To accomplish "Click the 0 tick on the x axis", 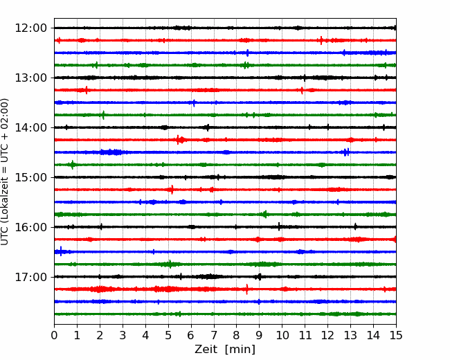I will click(x=54, y=336).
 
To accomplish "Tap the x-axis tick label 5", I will click(x=168, y=336).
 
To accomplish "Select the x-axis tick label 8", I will click(x=237, y=336).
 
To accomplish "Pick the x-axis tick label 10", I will click(x=282, y=336).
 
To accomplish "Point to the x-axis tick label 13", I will click(x=350, y=336).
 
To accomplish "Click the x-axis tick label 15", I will click(x=396, y=336).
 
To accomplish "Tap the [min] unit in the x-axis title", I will click(x=240, y=350).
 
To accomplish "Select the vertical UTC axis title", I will click(x=6, y=171).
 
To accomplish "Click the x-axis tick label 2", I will click(x=100, y=336).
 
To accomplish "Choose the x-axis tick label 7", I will click(x=214, y=336).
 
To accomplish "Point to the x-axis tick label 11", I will click(x=305, y=336).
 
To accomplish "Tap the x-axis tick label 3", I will click(x=123, y=336).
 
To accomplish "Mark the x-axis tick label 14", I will click(x=373, y=336).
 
